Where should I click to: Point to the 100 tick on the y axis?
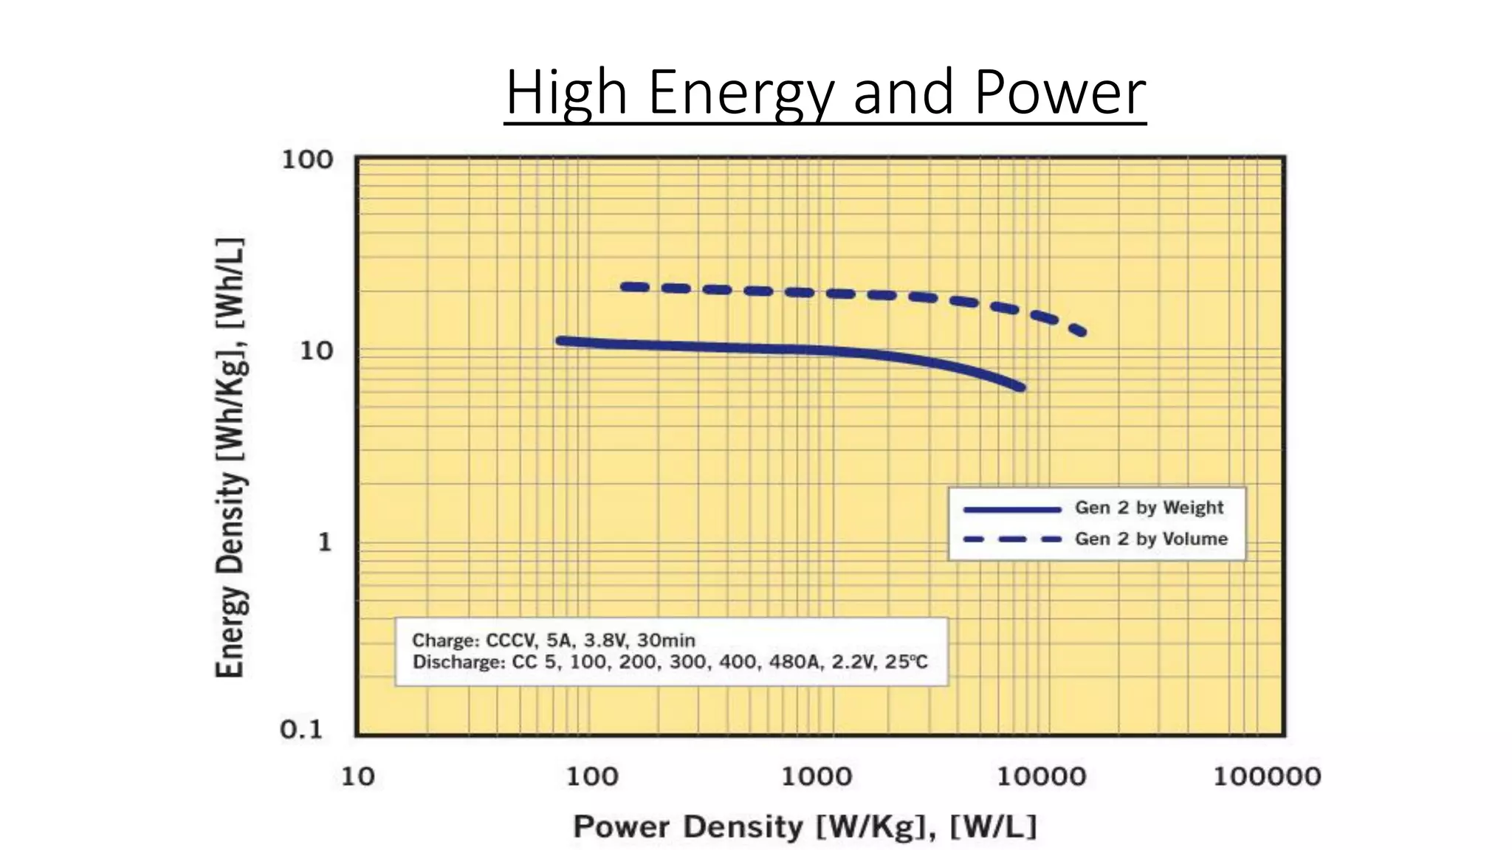[307, 159]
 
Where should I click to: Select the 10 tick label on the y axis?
[317, 351]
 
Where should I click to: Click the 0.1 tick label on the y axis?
[301, 730]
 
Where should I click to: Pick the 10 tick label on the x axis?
[357, 776]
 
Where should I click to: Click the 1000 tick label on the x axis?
[816, 776]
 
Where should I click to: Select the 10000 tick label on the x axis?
[1041, 776]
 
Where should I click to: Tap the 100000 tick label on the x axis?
[1267, 776]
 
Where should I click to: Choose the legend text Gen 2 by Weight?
[1149, 508]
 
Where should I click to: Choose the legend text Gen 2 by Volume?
[1151, 539]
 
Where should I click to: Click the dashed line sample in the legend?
[1012, 539]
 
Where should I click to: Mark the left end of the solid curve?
[560, 340]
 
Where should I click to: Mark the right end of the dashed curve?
[1082, 332]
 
